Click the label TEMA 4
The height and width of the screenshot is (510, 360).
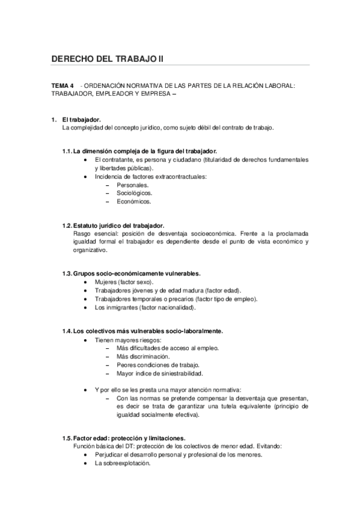(x=63, y=85)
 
